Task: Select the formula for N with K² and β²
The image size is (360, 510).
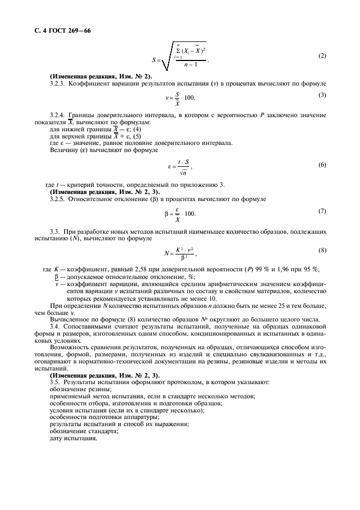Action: (x=179, y=253)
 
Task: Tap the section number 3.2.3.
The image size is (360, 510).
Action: (x=57, y=83)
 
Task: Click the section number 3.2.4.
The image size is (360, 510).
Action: (x=57, y=116)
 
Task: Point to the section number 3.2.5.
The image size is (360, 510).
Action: (x=57, y=199)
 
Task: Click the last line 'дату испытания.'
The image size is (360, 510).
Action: (x=73, y=438)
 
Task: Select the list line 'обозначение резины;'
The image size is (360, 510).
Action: (x=80, y=389)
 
